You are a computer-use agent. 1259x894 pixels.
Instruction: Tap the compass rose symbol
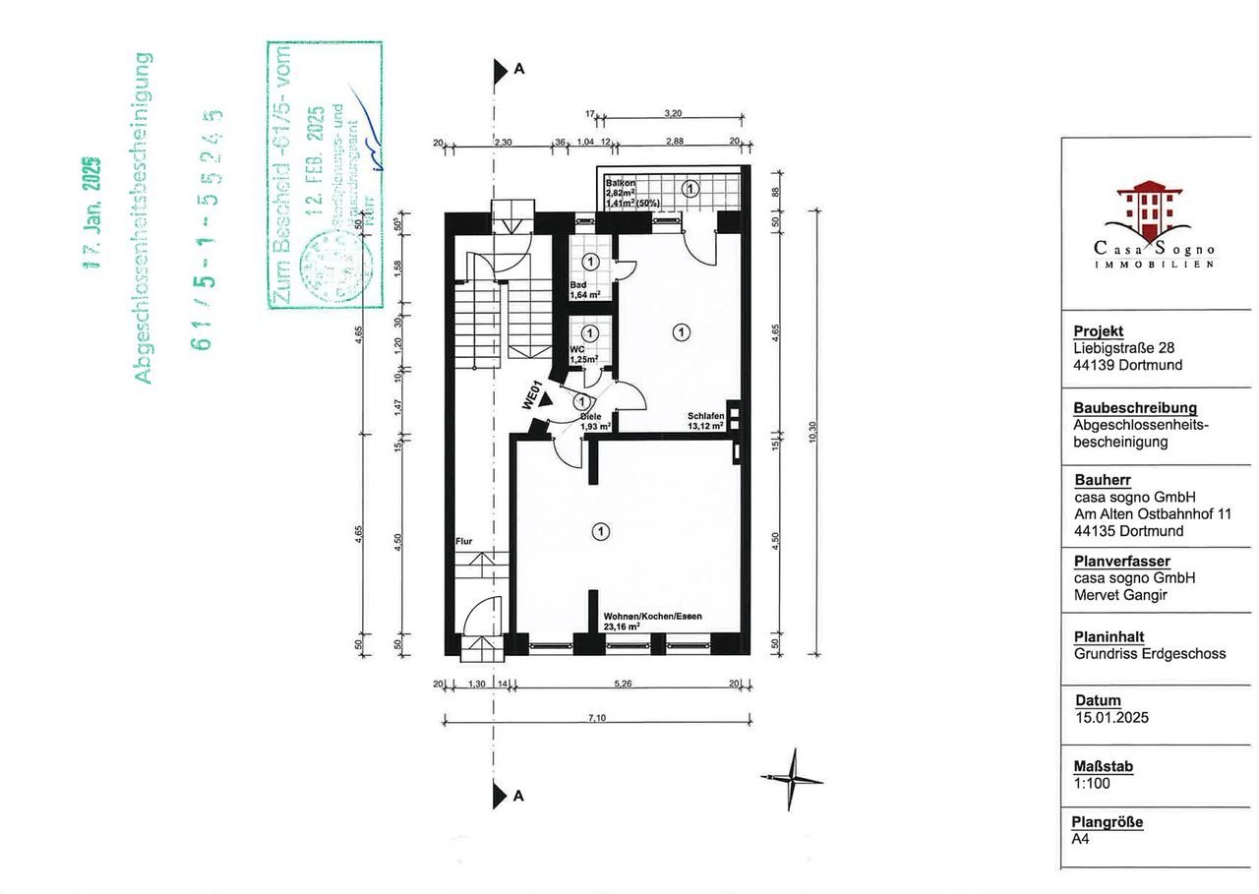[791, 779]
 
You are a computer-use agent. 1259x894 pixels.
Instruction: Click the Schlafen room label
[706, 421]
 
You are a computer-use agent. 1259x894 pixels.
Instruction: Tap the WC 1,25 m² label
[586, 354]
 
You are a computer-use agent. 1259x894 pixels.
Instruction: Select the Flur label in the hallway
[464, 541]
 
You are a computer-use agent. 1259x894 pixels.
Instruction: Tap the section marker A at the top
[518, 70]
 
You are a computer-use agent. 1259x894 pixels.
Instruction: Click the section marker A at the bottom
[518, 796]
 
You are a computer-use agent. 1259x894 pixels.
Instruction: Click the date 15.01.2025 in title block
[1110, 718]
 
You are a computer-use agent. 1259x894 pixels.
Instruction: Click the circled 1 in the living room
[600, 531]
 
